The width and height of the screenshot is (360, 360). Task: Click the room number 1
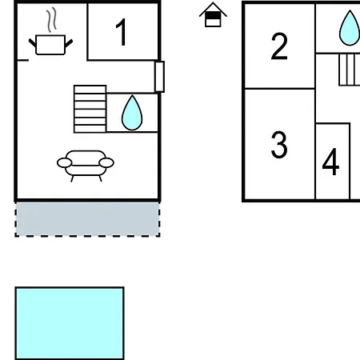(122, 32)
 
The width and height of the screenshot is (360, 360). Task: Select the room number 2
(279, 46)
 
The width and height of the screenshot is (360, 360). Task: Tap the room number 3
(279, 145)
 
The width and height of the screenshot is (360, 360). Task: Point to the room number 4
(330, 162)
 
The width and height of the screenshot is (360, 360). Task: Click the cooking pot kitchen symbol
(50, 45)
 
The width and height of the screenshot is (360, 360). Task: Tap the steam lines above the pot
(52, 19)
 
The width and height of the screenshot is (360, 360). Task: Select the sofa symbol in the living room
(86, 166)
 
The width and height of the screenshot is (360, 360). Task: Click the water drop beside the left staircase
(132, 114)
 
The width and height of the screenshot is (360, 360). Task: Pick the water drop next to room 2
(350, 29)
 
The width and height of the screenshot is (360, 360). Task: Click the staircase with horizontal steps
(90, 109)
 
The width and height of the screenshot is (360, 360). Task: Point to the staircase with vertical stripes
(350, 70)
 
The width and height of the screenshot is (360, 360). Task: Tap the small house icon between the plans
(213, 14)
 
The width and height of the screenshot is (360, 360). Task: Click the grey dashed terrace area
(87, 219)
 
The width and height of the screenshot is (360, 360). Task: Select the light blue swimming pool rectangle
(70, 323)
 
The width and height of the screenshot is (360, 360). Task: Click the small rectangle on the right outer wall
(159, 77)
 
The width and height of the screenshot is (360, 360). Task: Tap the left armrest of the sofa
(65, 162)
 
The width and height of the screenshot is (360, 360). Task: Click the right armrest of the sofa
(106, 162)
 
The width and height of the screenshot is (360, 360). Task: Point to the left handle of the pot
(33, 43)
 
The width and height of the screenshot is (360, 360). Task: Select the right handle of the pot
(69, 43)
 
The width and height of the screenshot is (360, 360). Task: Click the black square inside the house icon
(213, 16)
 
